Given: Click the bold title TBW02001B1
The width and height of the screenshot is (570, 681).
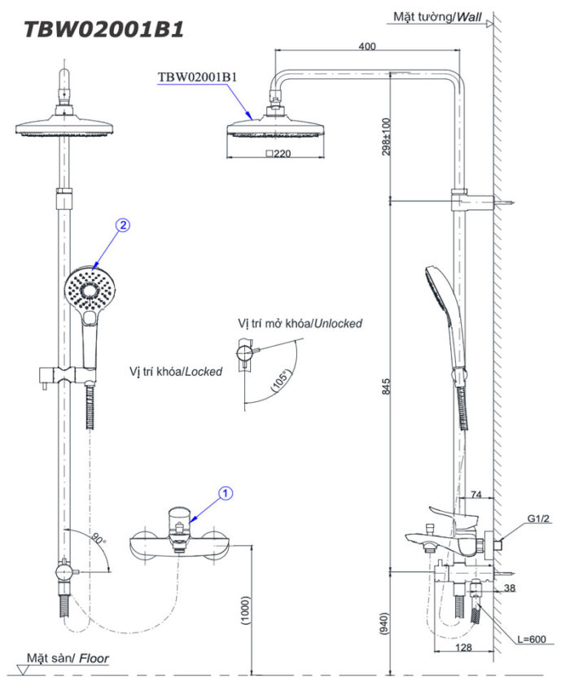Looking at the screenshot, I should coord(103,29).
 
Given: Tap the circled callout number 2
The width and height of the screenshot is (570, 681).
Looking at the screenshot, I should coord(122,227).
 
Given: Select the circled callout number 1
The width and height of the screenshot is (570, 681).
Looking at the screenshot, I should coord(227,492).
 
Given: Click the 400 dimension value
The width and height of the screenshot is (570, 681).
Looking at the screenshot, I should coord(366,46).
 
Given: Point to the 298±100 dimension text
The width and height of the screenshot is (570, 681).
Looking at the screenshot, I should coord(388,137).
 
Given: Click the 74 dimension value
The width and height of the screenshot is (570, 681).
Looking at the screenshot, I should coord(477,493).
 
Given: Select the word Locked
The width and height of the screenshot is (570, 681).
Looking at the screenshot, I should coord(202,371).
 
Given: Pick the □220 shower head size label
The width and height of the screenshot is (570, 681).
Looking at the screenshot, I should coord(278,153).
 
